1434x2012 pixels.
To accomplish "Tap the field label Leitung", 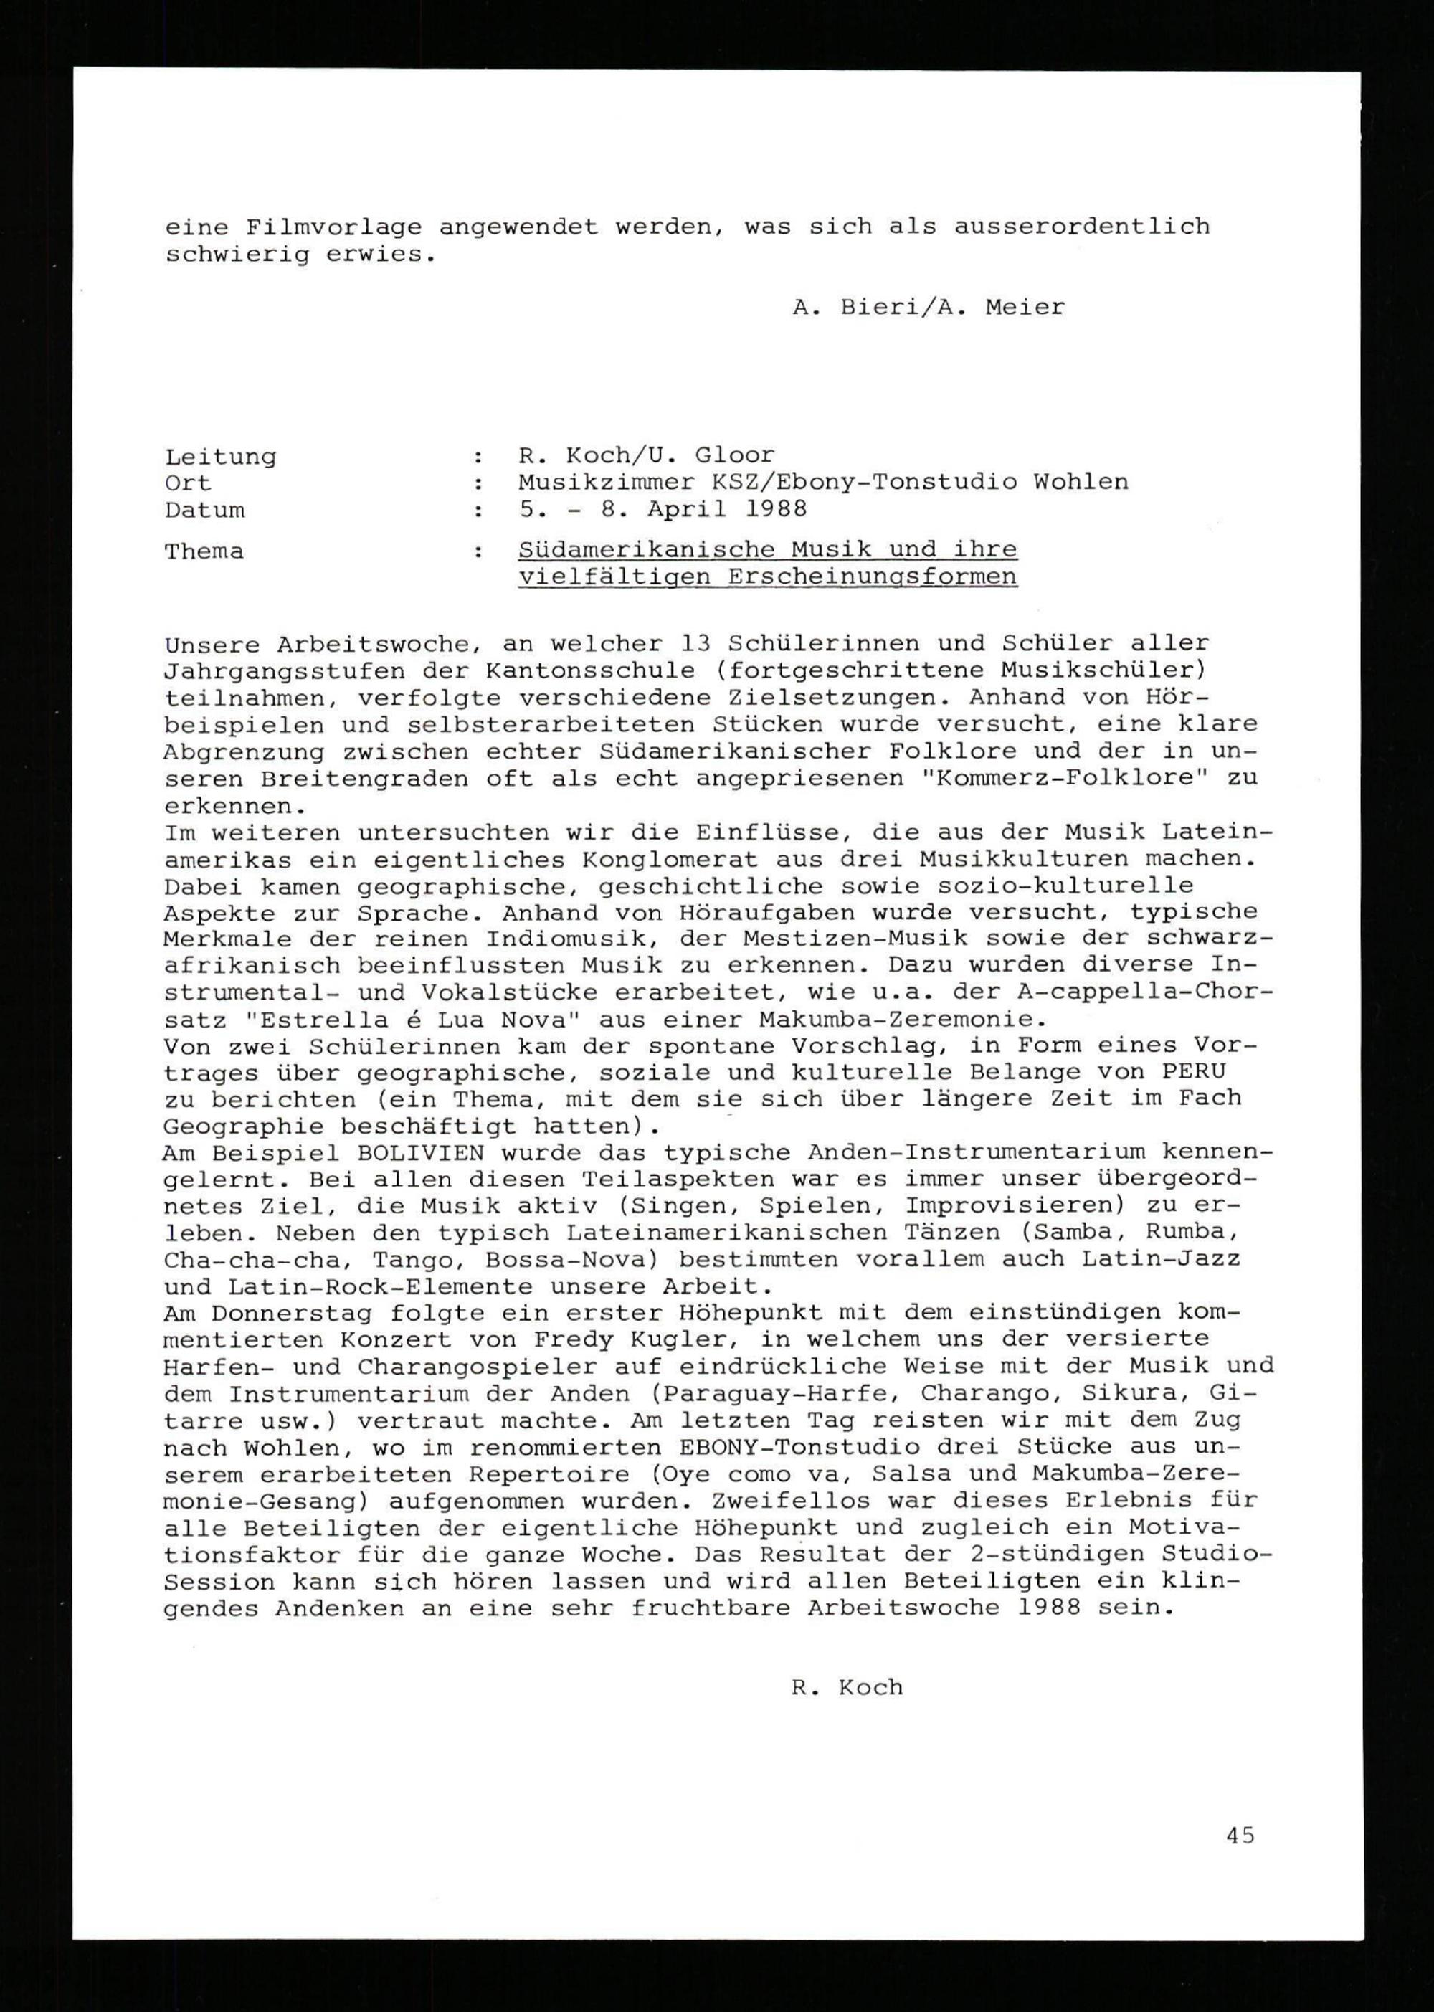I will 220,457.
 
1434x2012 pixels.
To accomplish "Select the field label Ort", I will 187,484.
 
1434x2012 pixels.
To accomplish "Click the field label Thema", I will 204,552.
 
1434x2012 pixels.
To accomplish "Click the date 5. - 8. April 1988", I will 663,509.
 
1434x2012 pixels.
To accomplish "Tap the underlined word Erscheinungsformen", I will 873,577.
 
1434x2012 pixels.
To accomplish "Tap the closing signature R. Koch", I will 847,1687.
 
